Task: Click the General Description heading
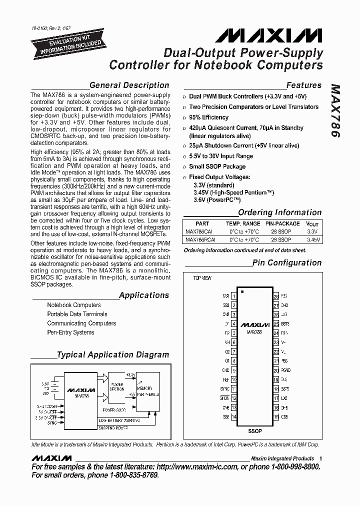pyautogui.click(x=129, y=85)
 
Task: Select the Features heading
pyautogui.click(x=303, y=85)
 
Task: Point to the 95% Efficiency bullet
pyautogui.click(x=208, y=117)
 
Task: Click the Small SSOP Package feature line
pyautogui.click(x=217, y=166)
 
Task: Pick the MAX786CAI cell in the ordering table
pyautogui.click(x=198, y=231)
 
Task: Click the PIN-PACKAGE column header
pyautogui.click(x=282, y=224)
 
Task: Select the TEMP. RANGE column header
pyautogui.click(x=243, y=224)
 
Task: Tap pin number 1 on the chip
pyautogui.click(x=233, y=296)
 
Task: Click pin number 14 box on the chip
pyautogui.click(x=233, y=416)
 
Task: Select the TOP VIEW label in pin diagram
pyautogui.click(x=202, y=277)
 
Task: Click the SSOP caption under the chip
pyautogui.click(x=254, y=431)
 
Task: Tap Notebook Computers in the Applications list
pyautogui.click(x=74, y=305)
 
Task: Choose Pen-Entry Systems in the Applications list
pyautogui.click(x=70, y=332)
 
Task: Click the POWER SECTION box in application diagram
pyautogui.click(x=117, y=387)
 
